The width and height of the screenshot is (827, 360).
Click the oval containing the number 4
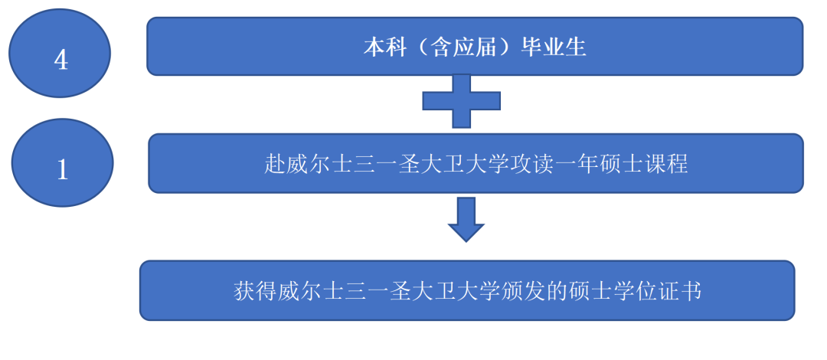60,53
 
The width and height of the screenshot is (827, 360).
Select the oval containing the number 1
62,162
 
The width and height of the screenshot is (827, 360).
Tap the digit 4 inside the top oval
61,61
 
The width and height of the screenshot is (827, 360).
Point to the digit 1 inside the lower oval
63,170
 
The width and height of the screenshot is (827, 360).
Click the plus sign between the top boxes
462,101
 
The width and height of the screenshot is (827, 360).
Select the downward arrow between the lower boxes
466,220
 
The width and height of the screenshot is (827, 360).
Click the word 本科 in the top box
385,48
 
